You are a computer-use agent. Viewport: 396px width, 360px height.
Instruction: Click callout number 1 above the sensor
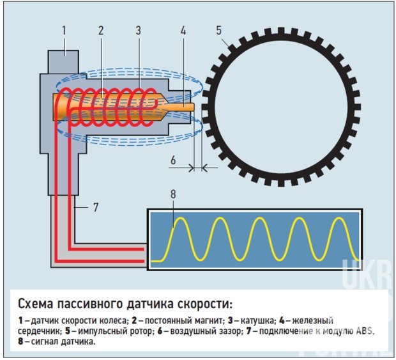(x=64, y=31)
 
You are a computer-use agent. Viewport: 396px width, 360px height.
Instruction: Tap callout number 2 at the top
(x=101, y=31)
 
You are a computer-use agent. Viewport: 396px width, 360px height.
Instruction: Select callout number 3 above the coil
(x=138, y=31)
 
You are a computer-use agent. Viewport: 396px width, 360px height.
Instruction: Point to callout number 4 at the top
(x=183, y=31)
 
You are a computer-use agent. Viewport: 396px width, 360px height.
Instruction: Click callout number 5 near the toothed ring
(x=218, y=31)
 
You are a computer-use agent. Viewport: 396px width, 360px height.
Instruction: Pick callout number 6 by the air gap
(x=173, y=160)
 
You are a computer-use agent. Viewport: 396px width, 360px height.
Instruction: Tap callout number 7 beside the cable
(x=96, y=207)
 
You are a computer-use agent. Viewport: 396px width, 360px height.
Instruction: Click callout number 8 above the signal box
(x=173, y=194)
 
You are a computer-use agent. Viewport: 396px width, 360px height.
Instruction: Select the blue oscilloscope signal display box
(x=255, y=239)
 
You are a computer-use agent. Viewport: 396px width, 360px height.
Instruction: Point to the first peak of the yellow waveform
(x=181, y=217)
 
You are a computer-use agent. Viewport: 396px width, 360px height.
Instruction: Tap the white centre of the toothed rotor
(x=281, y=107)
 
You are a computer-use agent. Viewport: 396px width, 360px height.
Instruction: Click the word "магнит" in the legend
(x=209, y=321)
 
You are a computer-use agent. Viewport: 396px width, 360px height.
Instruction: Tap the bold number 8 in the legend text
(x=20, y=341)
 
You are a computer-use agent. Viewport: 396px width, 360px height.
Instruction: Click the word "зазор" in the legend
(x=230, y=332)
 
